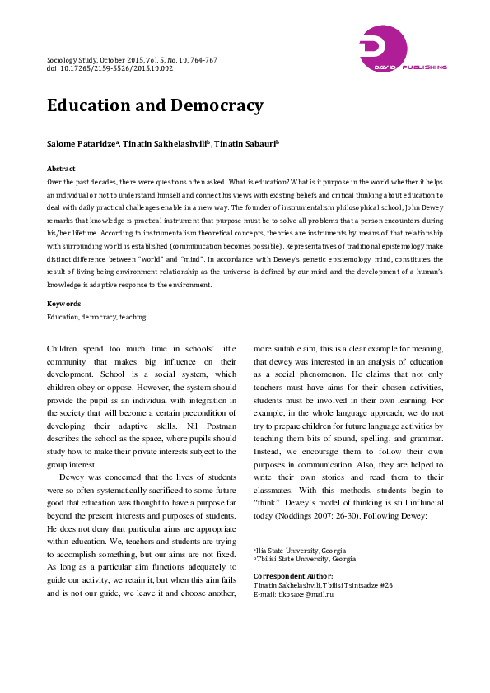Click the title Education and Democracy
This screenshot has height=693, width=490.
(155, 106)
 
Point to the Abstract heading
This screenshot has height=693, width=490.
(61, 167)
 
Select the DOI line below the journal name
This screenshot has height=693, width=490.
(110, 69)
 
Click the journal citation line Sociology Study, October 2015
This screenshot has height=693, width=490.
(132, 60)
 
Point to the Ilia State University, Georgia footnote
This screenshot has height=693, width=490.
(299, 527)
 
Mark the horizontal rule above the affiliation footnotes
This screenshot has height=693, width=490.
(313, 514)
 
